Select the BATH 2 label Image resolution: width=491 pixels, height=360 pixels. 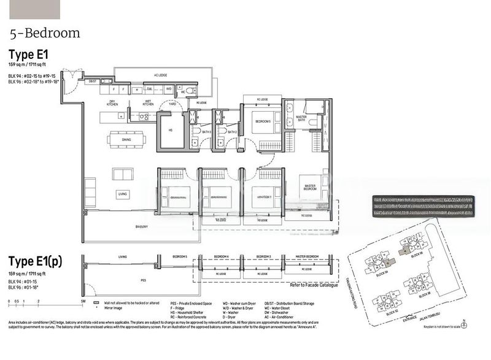pyautogui.click(x=232, y=132)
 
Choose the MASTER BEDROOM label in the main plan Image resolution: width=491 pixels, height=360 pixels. pyautogui.click(x=310, y=187)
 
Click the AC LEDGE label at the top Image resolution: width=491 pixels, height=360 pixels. pyautogui.click(x=160, y=75)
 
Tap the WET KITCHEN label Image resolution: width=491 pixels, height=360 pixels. pyautogui.click(x=148, y=102)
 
